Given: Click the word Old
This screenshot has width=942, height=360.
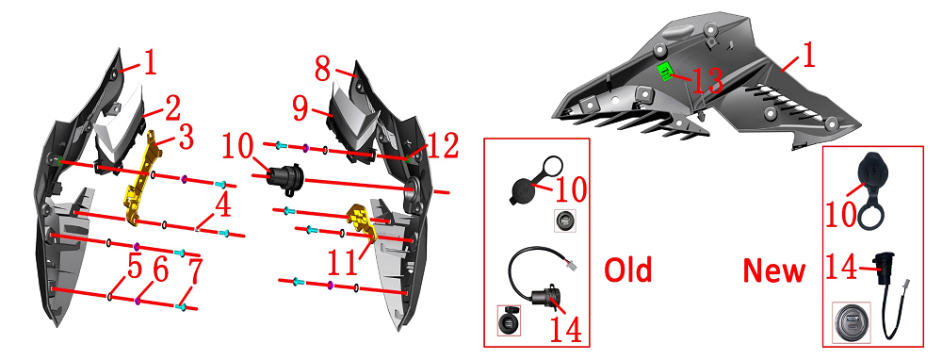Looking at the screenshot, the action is pos(627,270).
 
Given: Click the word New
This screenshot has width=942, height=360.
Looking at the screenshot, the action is pos(773,270).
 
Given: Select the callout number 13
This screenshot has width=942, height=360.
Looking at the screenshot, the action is pos(707,80).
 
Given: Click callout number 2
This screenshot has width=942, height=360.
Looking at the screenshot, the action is pos(171,108).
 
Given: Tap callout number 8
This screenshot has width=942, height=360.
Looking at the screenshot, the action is pos(323,70).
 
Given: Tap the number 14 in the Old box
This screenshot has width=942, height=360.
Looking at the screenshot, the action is pos(564,328).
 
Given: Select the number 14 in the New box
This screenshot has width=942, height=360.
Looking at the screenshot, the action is pos(843,267).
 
